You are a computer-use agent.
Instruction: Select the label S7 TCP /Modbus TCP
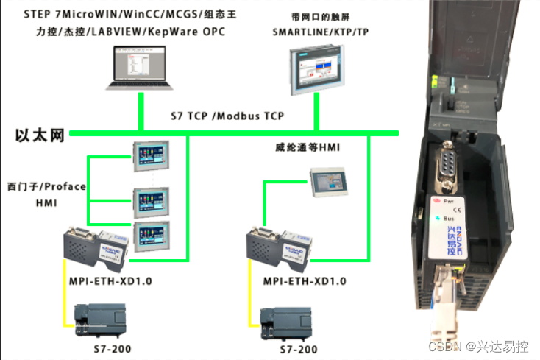[227, 116]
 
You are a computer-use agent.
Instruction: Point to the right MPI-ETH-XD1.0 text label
[305, 281]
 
